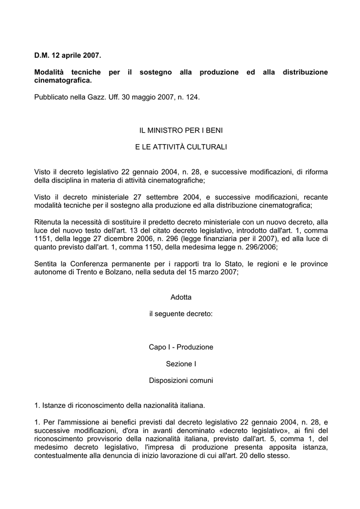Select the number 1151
click(43, 238)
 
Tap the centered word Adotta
click(181, 297)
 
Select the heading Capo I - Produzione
click(181, 347)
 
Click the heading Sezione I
click(181, 364)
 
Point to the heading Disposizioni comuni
click(181, 381)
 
